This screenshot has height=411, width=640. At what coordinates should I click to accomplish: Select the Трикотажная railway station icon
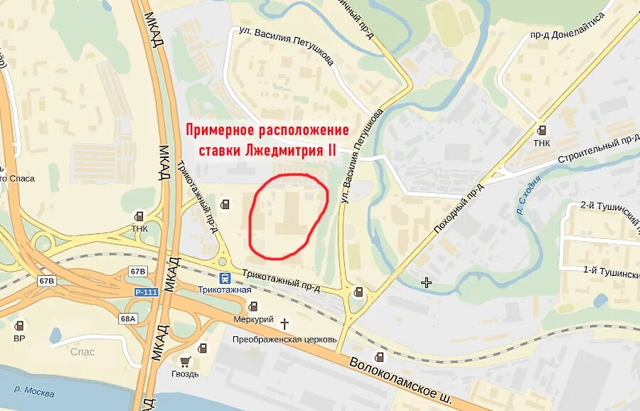(x=225, y=278)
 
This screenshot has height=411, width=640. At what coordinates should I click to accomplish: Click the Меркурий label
(x=253, y=319)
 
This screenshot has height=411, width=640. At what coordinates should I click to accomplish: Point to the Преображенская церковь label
(x=284, y=339)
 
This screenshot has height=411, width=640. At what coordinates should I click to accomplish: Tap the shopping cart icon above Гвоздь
(x=186, y=361)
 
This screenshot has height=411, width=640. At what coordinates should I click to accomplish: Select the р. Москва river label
(x=35, y=390)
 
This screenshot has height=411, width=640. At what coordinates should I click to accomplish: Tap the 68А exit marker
(x=128, y=318)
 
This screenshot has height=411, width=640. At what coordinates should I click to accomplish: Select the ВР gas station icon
(x=18, y=325)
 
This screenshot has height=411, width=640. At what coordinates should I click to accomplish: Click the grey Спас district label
(x=82, y=351)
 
